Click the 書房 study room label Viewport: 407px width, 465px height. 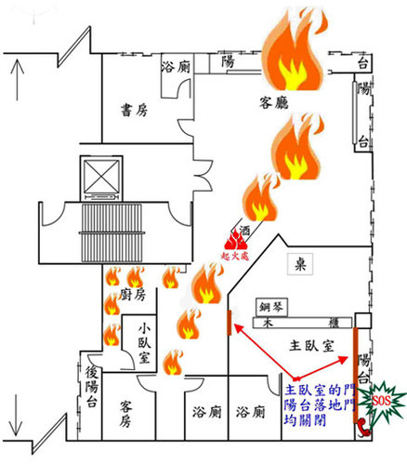tap(134, 110)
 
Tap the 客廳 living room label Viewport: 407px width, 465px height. tap(274, 102)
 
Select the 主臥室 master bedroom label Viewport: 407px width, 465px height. tap(311, 345)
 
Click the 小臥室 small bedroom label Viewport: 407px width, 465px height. tap(144, 343)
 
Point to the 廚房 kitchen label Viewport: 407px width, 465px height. tap(133, 294)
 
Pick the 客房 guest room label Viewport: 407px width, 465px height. tap(125, 414)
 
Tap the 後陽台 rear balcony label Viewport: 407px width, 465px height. tap(92, 386)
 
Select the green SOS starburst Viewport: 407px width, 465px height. tap(382, 402)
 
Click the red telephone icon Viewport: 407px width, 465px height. tap(362, 427)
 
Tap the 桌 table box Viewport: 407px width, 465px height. tap(300, 264)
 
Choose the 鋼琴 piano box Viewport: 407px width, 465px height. tap(271, 307)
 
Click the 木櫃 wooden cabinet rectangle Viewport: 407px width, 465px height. tap(302, 323)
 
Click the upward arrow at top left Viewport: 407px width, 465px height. tap(18, 80)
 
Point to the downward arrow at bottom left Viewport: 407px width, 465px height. tap(16, 415)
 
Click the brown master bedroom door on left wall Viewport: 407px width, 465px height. tap(230, 323)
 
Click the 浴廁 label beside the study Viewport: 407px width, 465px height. tap(176, 67)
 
